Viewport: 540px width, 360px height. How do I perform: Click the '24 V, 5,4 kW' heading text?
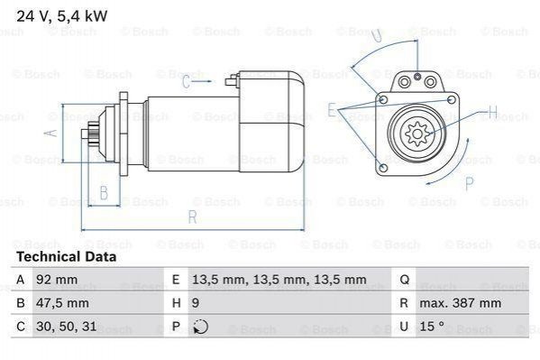[62, 16]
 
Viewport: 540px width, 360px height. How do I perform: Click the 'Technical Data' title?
[67, 257]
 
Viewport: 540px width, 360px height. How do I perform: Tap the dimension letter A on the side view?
[51, 133]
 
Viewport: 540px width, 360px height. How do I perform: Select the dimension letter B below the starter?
[104, 193]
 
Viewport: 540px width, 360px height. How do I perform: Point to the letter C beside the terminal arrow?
[186, 82]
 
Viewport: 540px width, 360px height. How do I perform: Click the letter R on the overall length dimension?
[193, 217]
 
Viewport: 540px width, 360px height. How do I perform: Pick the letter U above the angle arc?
[378, 35]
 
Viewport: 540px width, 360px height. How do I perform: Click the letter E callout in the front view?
[331, 110]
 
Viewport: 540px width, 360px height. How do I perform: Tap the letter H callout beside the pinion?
[493, 111]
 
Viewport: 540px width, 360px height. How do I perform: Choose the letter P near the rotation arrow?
[469, 183]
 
